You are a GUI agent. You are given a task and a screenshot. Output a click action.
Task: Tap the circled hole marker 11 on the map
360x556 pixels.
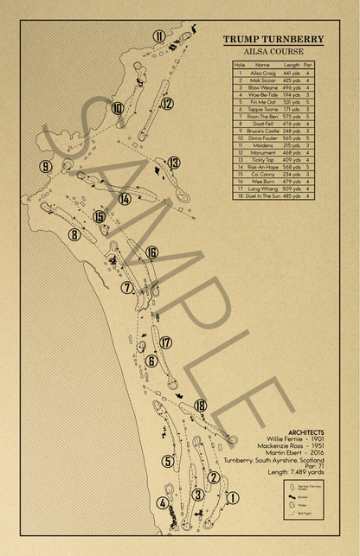[159, 35]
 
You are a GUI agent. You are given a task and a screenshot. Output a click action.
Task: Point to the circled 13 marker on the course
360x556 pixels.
[174, 163]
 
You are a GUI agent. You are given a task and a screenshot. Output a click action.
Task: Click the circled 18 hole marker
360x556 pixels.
[201, 405]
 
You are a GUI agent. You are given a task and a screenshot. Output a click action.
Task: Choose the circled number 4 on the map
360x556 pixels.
[163, 503]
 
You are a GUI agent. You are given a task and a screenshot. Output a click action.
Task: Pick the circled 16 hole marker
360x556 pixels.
[151, 252]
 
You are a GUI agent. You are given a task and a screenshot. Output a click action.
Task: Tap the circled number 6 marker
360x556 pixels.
[151, 361]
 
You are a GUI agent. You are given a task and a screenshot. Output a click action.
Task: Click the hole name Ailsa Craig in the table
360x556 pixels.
[261, 73]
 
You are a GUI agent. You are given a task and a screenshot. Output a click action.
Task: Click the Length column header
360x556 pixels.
[292, 65]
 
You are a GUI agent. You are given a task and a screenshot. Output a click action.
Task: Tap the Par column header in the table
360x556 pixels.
[308, 65]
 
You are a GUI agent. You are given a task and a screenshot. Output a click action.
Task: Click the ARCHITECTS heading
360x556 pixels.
[307, 431]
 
